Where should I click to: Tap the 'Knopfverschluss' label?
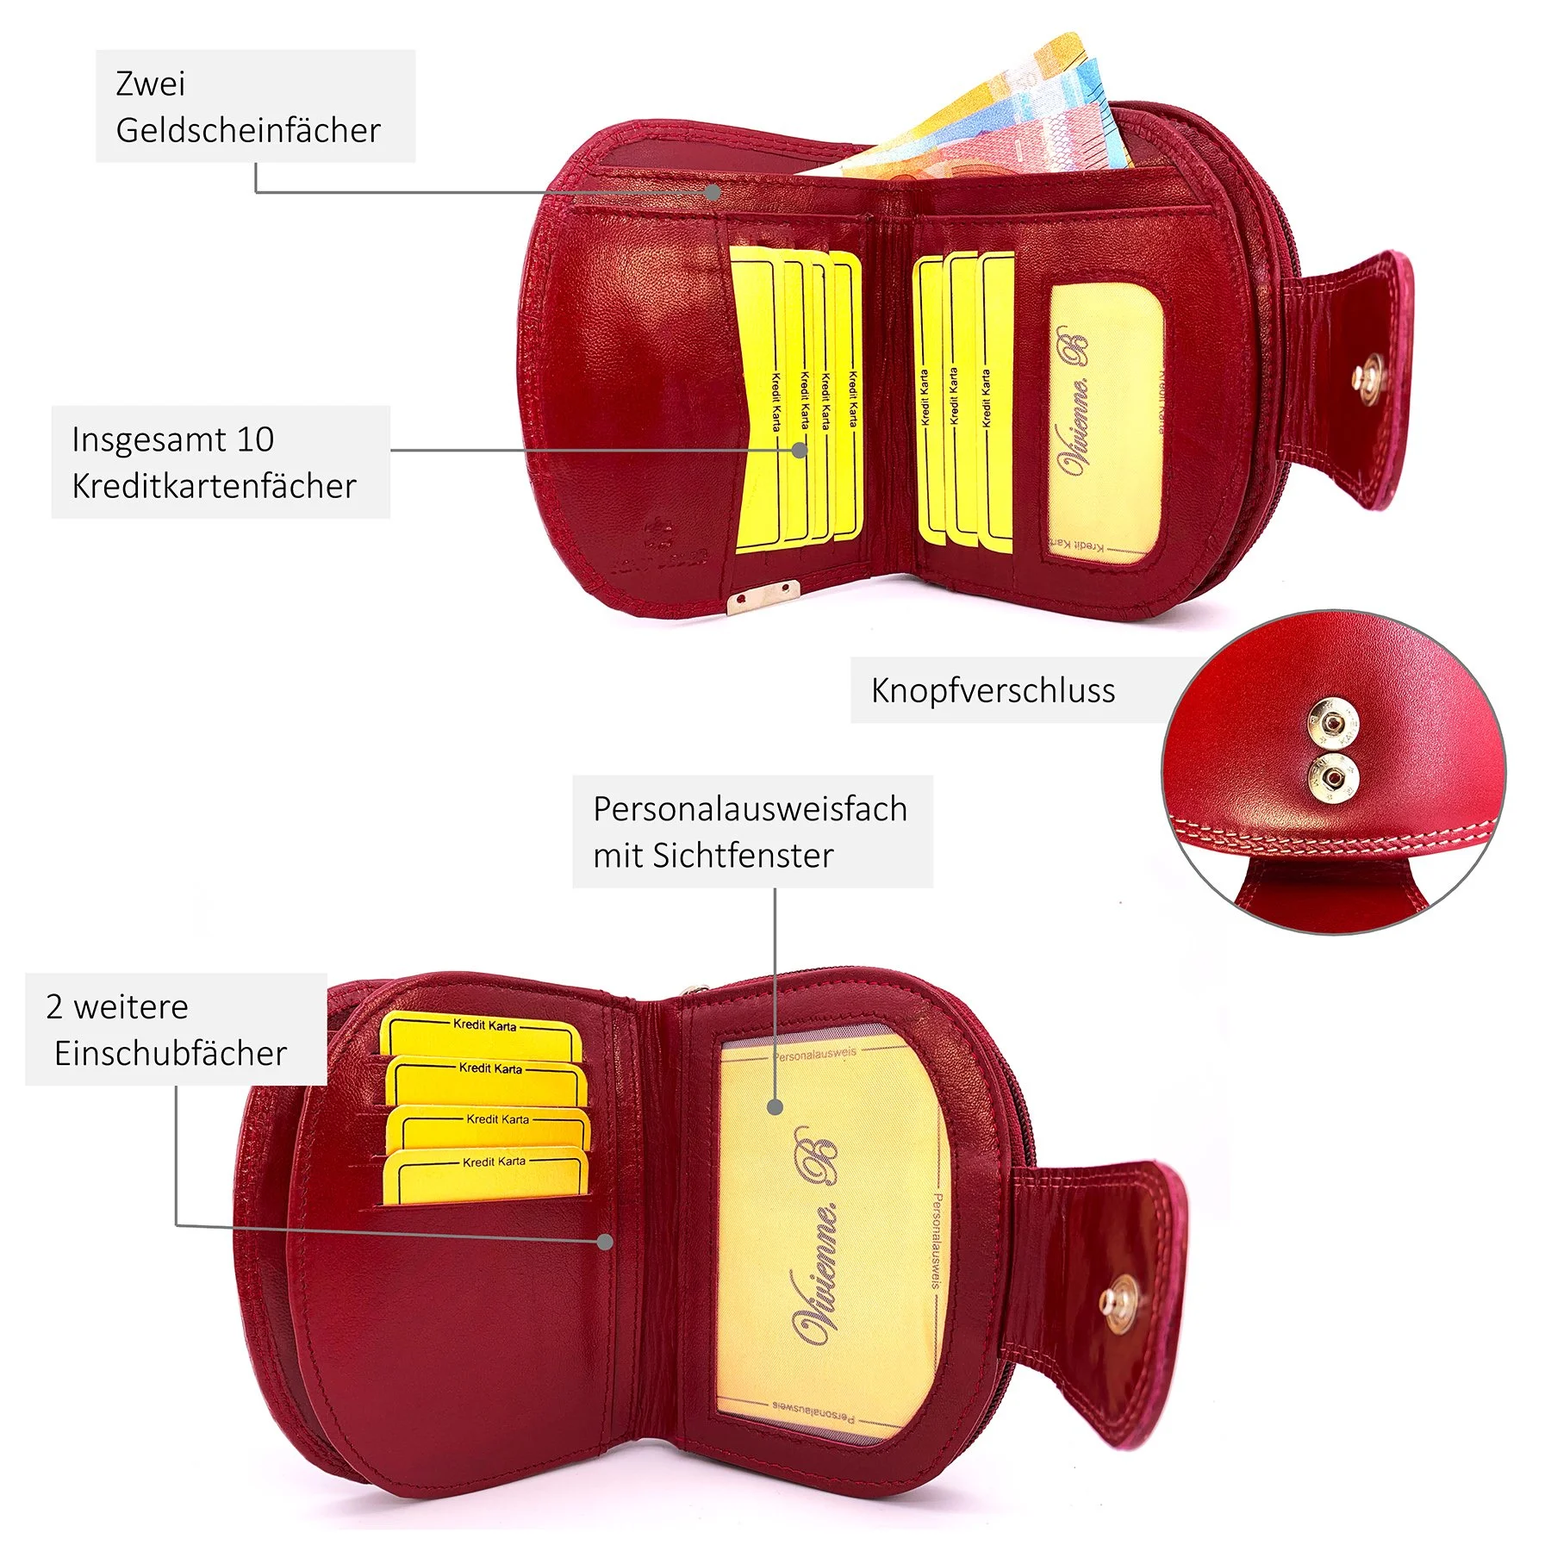993,690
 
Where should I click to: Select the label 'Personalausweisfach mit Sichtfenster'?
751,832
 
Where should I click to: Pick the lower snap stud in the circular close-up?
1334,777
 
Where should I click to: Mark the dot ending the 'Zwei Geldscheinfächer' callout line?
713,192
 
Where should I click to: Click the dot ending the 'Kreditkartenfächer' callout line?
800,450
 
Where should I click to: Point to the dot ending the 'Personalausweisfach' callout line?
775,1106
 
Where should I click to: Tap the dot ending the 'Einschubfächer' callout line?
606,1242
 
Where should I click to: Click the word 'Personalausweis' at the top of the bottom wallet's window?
815,1053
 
